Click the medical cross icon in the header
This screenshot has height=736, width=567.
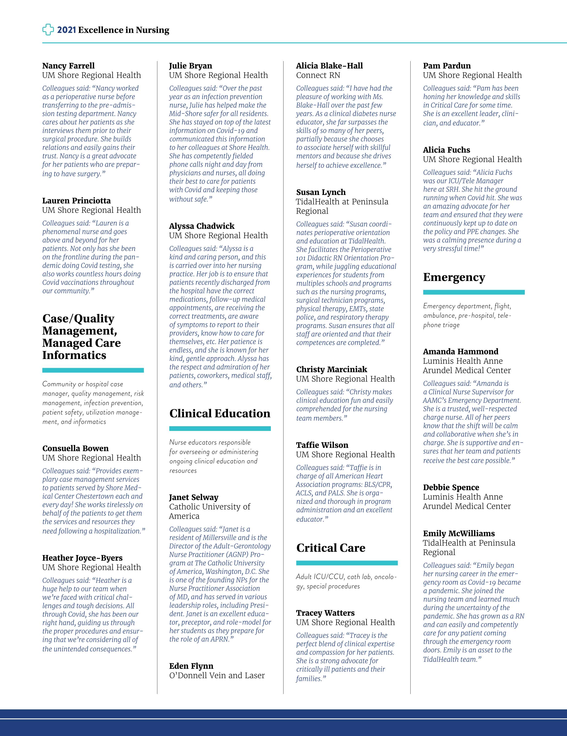pyautogui.click(x=48, y=30)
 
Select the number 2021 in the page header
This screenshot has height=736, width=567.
pyautogui.click(x=66, y=30)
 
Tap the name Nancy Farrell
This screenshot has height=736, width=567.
pyautogui.click(x=68, y=66)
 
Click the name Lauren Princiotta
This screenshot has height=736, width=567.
pyautogui.click(x=77, y=201)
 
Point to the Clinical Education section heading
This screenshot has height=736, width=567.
pyautogui.click(x=220, y=414)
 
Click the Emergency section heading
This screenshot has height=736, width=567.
pyautogui.click(x=454, y=277)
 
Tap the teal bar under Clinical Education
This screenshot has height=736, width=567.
pyautogui.click(x=220, y=429)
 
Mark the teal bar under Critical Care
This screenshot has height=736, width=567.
pyautogui.click(x=347, y=563)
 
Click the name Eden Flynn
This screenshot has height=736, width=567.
pyautogui.click(x=191, y=666)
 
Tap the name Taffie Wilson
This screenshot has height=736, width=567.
pyautogui.click(x=322, y=445)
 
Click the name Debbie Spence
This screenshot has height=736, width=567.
pyautogui.click(x=451, y=487)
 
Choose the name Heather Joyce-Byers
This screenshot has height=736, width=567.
pyautogui.click(x=82, y=558)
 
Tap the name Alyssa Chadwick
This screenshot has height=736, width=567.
pyautogui.click(x=202, y=226)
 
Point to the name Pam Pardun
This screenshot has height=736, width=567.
pyautogui.click(x=447, y=66)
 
